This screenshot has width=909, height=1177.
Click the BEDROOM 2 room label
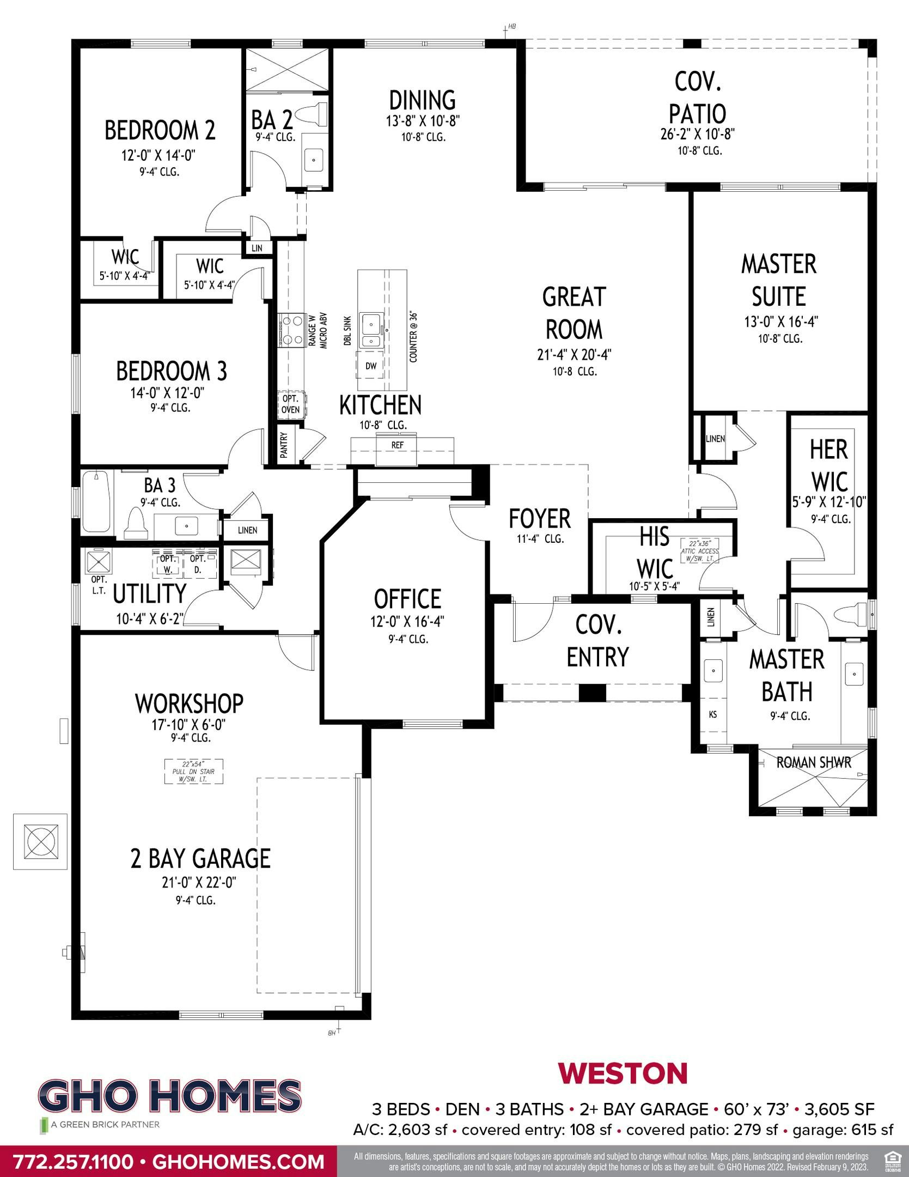point(160,130)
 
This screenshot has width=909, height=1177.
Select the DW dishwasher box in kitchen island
point(371,366)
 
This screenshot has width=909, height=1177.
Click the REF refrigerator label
point(397,445)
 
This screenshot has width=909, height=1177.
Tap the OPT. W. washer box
point(168,565)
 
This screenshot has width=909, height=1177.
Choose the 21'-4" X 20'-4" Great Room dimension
point(574,355)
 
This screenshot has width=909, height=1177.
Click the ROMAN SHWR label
point(813,762)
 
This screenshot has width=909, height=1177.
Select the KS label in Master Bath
point(712,714)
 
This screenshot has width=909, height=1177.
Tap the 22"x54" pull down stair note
point(194,771)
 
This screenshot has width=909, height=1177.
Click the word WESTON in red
point(623,1073)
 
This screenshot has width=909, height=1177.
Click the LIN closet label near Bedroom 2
point(257,248)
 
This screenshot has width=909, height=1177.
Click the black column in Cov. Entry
point(592,692)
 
